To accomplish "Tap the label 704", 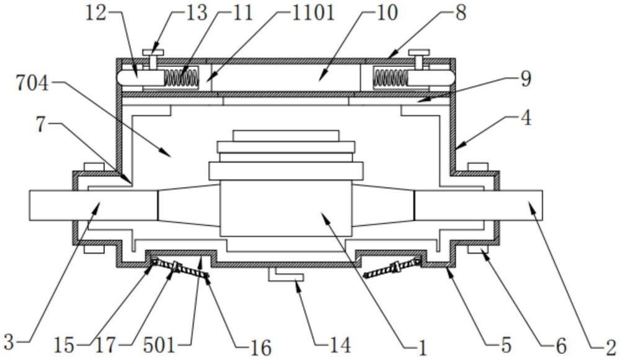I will point(32,84).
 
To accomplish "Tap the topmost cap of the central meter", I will point(286,135).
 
